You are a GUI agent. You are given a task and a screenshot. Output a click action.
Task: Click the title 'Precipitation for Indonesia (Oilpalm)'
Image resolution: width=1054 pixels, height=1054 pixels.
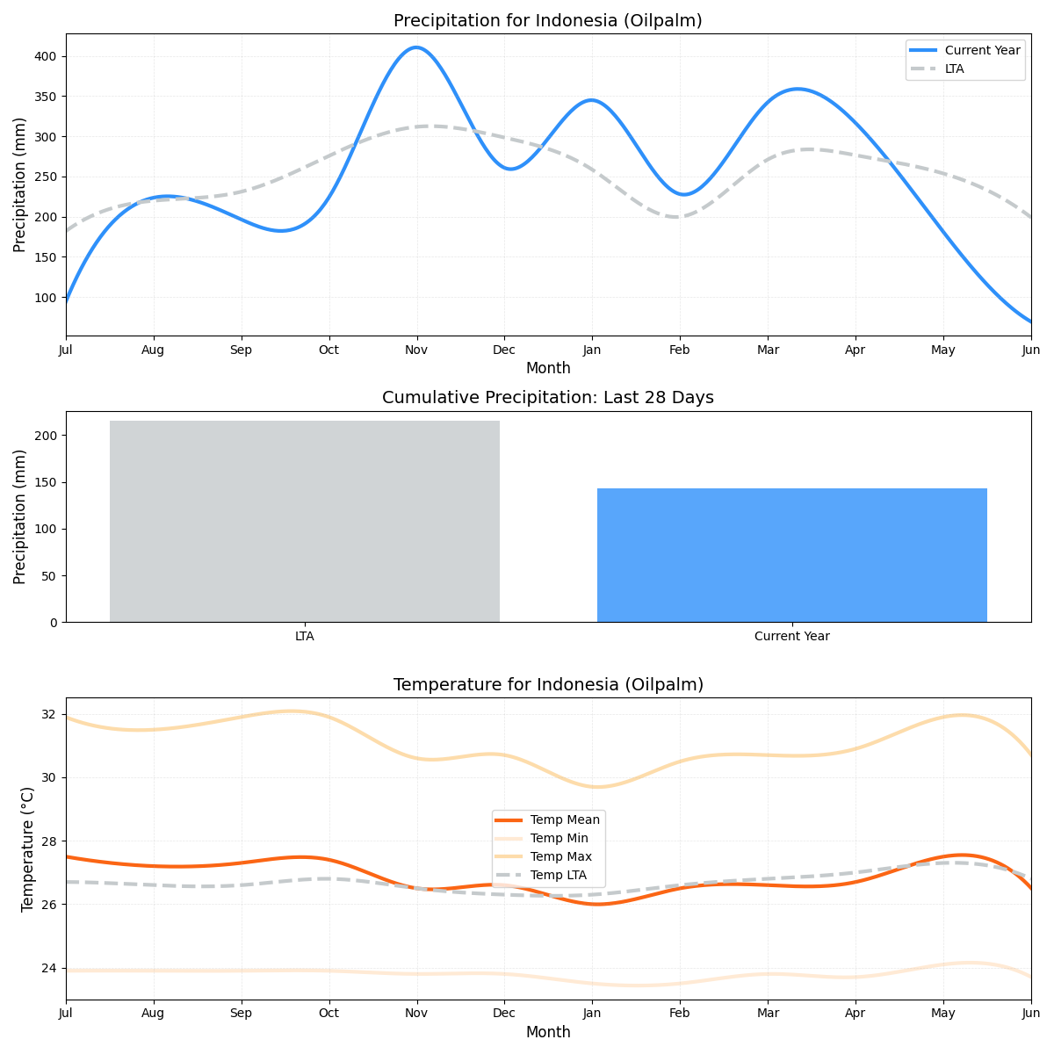[547, 21]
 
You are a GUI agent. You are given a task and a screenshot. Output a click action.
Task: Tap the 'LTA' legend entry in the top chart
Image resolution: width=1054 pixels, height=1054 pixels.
[954, 69]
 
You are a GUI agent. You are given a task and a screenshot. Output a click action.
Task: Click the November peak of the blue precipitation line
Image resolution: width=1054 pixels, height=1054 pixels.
[415, 47]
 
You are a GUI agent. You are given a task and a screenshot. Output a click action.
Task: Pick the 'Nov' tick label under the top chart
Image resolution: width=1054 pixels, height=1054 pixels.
[416, 350]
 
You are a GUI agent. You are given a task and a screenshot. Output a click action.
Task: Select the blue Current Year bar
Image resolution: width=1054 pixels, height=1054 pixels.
[791, 555]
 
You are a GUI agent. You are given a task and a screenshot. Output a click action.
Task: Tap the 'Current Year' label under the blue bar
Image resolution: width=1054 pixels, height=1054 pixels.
[791, 637]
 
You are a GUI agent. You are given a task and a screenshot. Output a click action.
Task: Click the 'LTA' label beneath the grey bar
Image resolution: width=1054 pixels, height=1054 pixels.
[304, 637]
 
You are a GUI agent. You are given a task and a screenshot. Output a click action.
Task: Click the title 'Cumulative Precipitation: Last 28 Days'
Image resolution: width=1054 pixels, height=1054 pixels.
[547, 398]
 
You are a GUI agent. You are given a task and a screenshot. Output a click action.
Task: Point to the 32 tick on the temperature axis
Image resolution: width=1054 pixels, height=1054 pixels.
[50, 714]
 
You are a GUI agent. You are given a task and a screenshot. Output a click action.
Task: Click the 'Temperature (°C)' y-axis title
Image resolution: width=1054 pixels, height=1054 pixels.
[27, 848]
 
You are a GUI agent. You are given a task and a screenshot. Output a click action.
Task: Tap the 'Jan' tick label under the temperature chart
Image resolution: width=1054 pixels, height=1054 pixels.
[591, 1014]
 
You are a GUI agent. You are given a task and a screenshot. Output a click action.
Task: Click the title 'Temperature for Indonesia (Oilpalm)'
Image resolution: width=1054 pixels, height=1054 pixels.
[548, 685]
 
